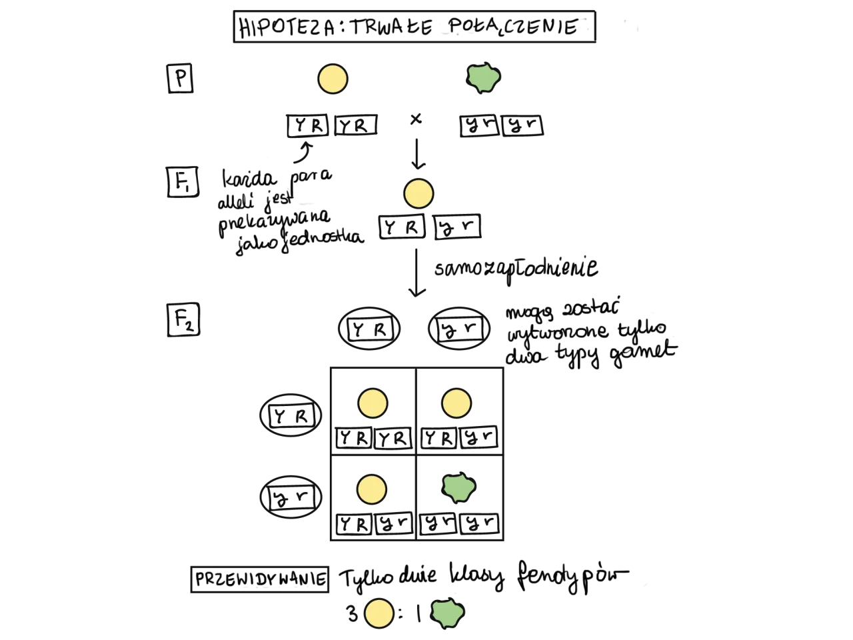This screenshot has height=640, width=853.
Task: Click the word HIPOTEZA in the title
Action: click(287, 27)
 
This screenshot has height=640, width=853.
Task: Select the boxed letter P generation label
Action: click(181, 79)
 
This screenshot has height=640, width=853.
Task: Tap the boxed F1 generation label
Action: click(183, 182)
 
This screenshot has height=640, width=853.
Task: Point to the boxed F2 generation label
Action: click(183, 319)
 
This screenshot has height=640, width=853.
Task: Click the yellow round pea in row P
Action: click(333, 79)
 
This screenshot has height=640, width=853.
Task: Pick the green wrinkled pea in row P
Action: click(483, 78)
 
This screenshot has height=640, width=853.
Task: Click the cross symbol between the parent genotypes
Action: click(416, 119)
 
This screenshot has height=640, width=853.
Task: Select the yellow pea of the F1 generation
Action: click(419, 193)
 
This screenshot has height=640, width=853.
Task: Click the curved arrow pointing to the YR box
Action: click(305, 153)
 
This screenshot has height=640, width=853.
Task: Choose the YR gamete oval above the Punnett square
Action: click(369, 329)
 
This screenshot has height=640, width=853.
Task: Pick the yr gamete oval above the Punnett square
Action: click(459, 329)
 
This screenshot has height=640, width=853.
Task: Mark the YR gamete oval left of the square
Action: click(291, 415)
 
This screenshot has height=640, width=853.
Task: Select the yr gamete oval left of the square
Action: click(291, 497)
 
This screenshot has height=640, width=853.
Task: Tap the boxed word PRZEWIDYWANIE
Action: click(260, 579)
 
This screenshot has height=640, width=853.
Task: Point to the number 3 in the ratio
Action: click(353, 614)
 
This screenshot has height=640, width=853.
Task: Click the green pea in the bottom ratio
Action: click(448, 613)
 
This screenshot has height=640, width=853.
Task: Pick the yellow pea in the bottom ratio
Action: click(379, 613)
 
